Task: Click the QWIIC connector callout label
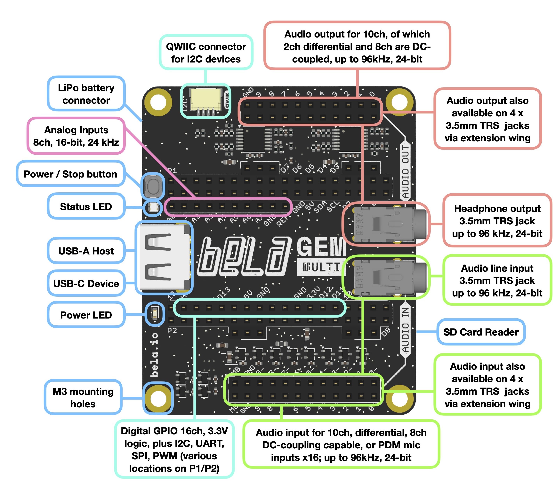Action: [x=206, y=53]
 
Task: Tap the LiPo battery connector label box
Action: [x=86, y=94]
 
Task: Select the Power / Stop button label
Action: [x=70, y=174]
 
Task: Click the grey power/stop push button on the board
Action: [x=153, y=186]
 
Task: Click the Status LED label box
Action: [x=86, y=207]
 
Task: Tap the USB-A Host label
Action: [x=86, y=251]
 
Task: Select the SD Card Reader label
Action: [x=481, y=332]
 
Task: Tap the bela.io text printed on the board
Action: [x=155, y=355]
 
